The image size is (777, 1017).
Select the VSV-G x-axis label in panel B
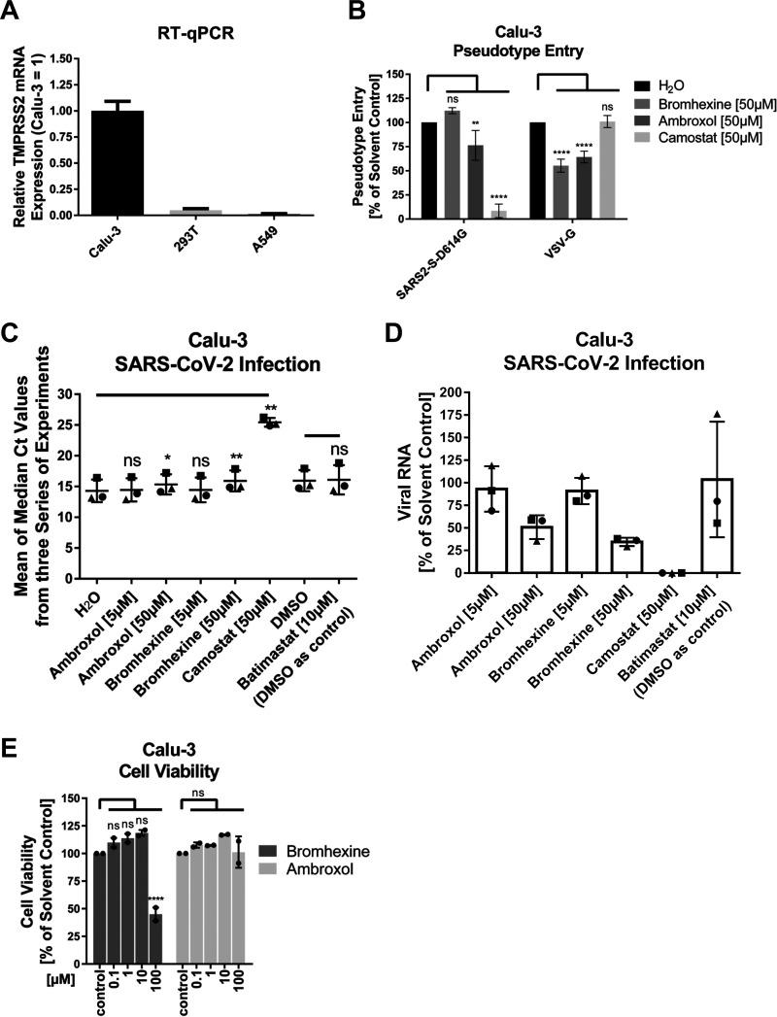point(561,241)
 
